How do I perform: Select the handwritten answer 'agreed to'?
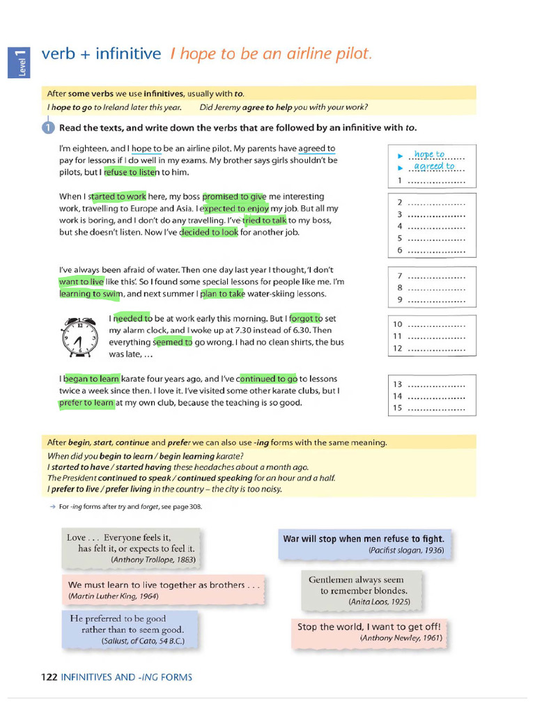pos(433,166)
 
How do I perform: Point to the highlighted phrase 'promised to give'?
pos(234,197)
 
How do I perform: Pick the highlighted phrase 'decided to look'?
pos(209,233)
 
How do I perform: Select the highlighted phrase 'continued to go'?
pos(267,379)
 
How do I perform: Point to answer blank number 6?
pos(435,250)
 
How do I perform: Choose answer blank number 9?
pos(435,300)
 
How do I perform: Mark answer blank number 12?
pos(435,348)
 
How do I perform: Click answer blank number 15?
pos(435,408)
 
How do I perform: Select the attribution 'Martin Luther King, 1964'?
pos(113,596)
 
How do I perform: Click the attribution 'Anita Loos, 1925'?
pos(379,601)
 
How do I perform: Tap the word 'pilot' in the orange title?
pos(350,54)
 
